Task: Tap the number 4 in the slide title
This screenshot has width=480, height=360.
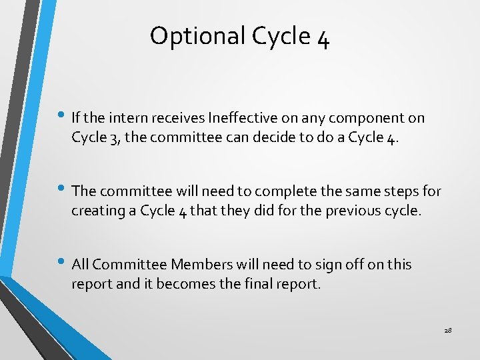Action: coord(323,37)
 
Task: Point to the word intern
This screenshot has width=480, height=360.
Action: coord(129,118)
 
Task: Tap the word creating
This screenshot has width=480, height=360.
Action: coord(95,211)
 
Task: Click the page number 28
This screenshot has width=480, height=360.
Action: coord(447,330)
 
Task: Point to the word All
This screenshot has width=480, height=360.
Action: coord(80,265)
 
